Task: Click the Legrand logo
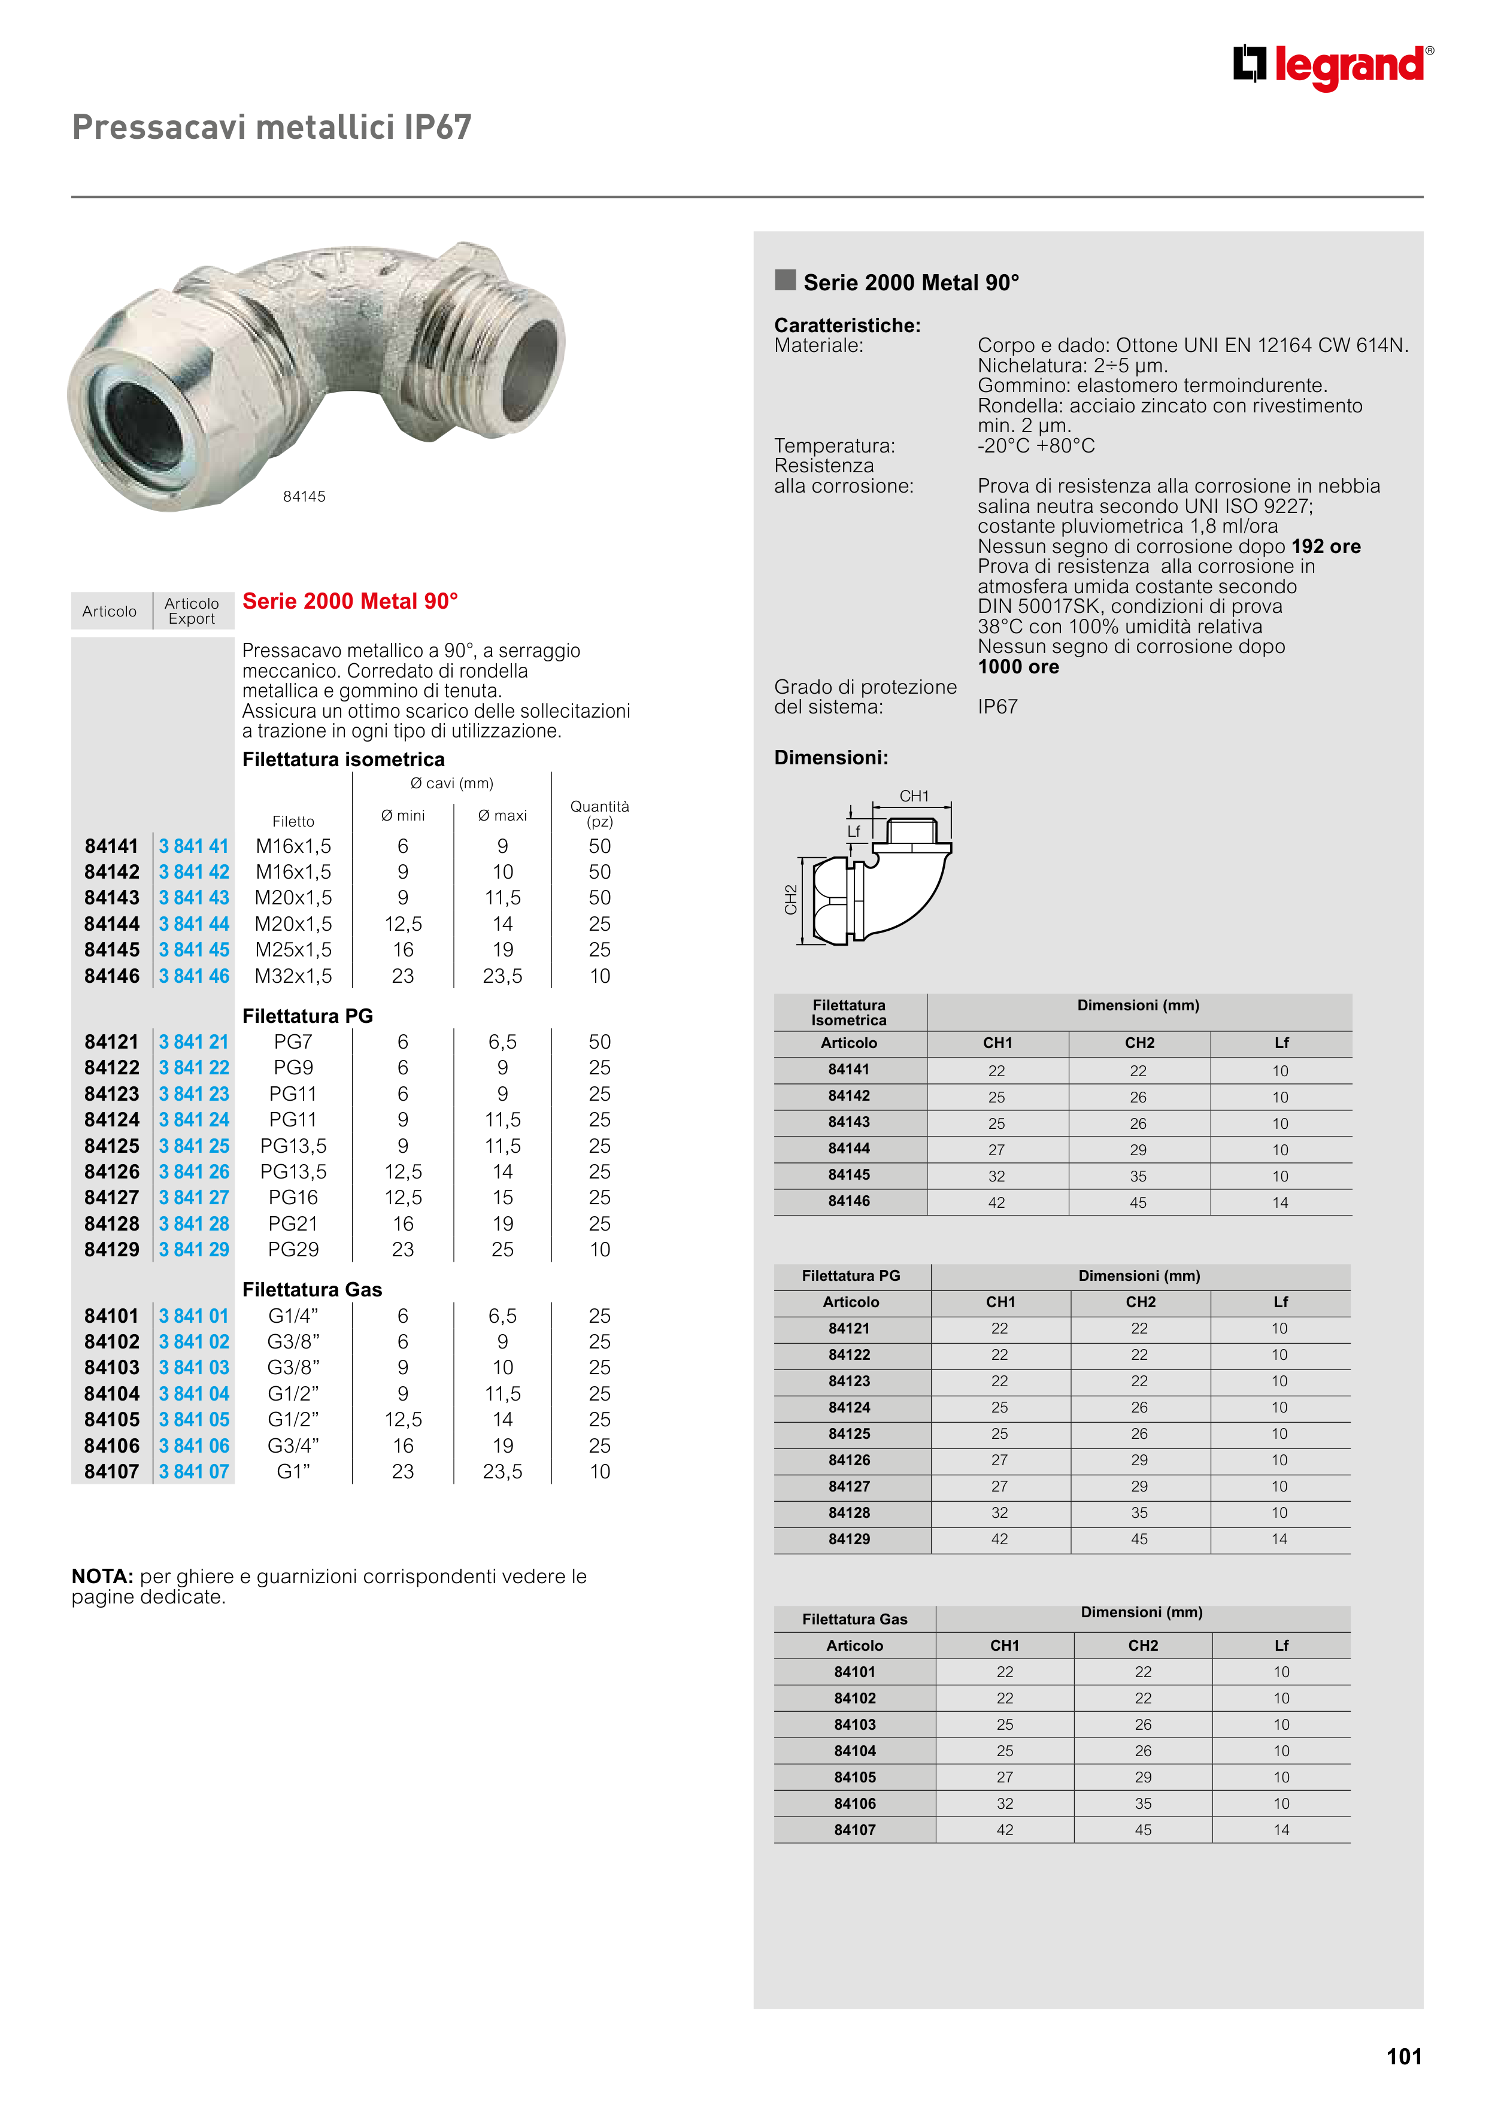(1332, 66)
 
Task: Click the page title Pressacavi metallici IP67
(272, 127)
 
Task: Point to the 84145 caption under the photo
(304, 496)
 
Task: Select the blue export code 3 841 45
(193, 949)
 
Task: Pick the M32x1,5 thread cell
(293, 976)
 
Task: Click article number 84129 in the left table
(111, 1250)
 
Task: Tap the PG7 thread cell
(293, 1041)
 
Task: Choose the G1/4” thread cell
(293, 1316)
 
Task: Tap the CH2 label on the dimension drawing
(790, 900)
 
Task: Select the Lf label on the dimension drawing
(853, 831)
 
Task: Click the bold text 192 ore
(1326, 546)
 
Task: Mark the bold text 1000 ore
(1018, 667)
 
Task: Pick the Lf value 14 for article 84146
(1279, 1202)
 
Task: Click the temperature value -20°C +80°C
(1035, 446)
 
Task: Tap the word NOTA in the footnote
(102, 1577)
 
